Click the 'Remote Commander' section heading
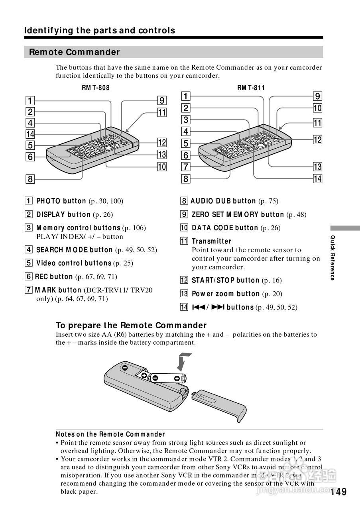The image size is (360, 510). [x=74, y=52]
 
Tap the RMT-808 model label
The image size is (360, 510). [x=96, y=88]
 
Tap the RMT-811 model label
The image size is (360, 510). [x=251, y=88]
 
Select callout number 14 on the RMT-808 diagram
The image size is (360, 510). [x=30, y=134]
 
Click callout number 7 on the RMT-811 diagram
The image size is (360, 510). [x=186, y=167]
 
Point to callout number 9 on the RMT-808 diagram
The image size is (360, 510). [x=161, y=100]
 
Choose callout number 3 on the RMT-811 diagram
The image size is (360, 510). [x=186, y=120]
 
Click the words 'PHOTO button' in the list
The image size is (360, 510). [x=61, y=201]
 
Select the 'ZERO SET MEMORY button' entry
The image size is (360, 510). [x=238, y=215]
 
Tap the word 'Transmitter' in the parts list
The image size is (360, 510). [x=211, y=241]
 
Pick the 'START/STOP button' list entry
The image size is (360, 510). [x=225, y=280]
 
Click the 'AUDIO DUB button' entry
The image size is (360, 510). [x=223, y=201]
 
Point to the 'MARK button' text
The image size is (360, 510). [x=58, y=290]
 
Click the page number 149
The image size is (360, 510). [x=338, y=492]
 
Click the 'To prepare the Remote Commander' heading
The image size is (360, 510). [x=131, y=325]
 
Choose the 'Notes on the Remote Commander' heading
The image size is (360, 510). [x=110, y=434]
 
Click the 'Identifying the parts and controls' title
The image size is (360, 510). [x=100, y=31]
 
